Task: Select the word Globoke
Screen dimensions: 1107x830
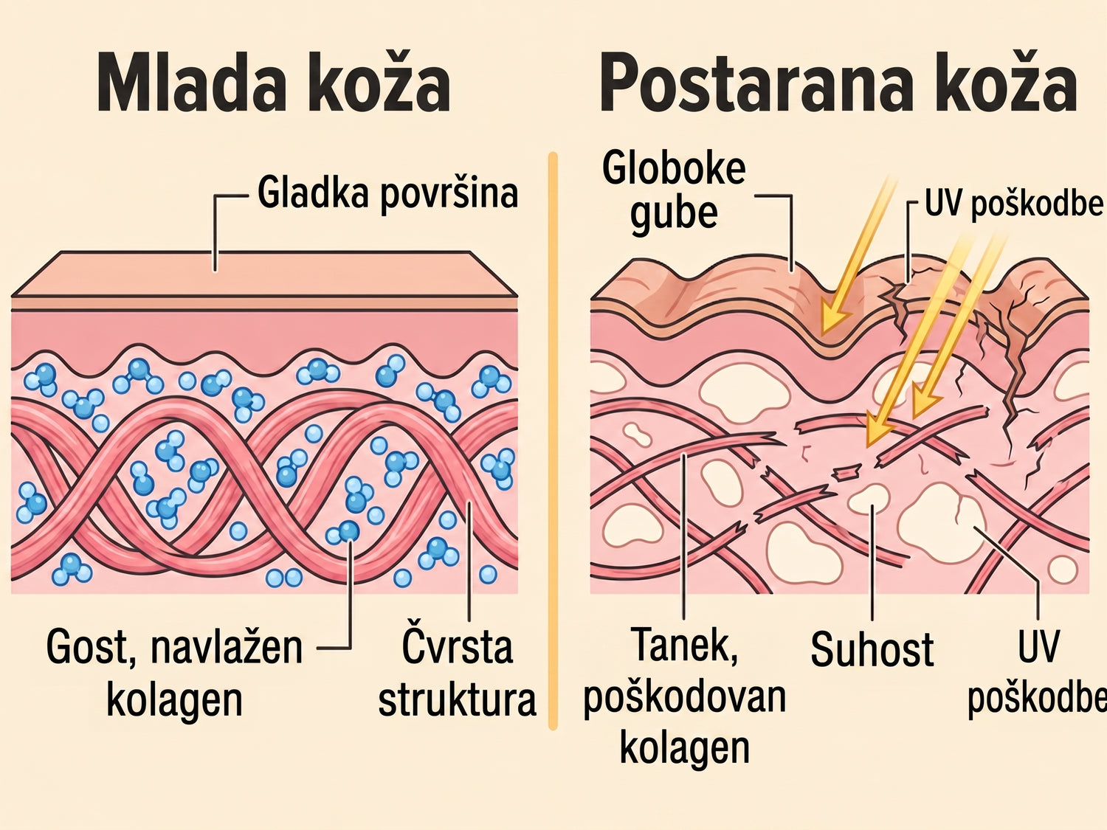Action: point(674,169)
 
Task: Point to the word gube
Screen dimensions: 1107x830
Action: point(673,214)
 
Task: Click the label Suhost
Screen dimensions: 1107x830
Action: point(872,649)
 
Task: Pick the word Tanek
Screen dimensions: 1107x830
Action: point(684,646)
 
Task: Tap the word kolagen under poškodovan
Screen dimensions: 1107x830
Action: point(684,749)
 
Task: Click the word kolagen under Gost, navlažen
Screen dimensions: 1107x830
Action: point(174,700)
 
